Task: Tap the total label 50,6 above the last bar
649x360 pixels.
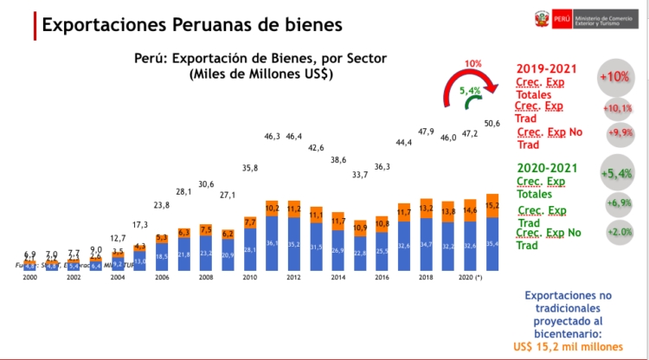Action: pyautogui.click(x=492, y=124)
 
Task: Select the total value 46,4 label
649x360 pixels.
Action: pyautogui.click(x=294, y=137)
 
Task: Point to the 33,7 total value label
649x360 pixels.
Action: pyautogui.click(x=360, y=175)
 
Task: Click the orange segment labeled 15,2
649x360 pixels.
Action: pyautogui.click(x=492, y=206)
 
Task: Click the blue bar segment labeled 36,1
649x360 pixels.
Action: pyautogui.click(x=272, y=243)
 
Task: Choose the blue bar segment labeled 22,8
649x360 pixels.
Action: pyautogui.click(x=359, y=254)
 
